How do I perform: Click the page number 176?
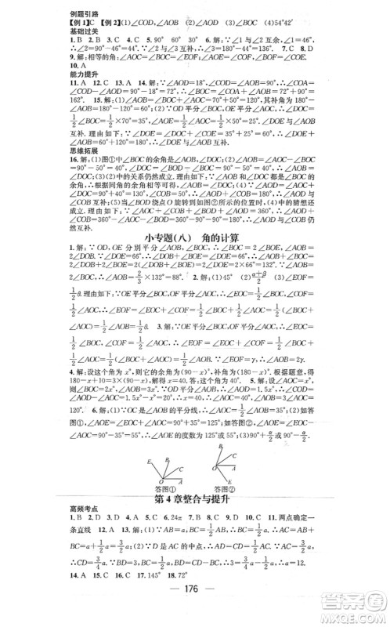coord(193,612)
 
